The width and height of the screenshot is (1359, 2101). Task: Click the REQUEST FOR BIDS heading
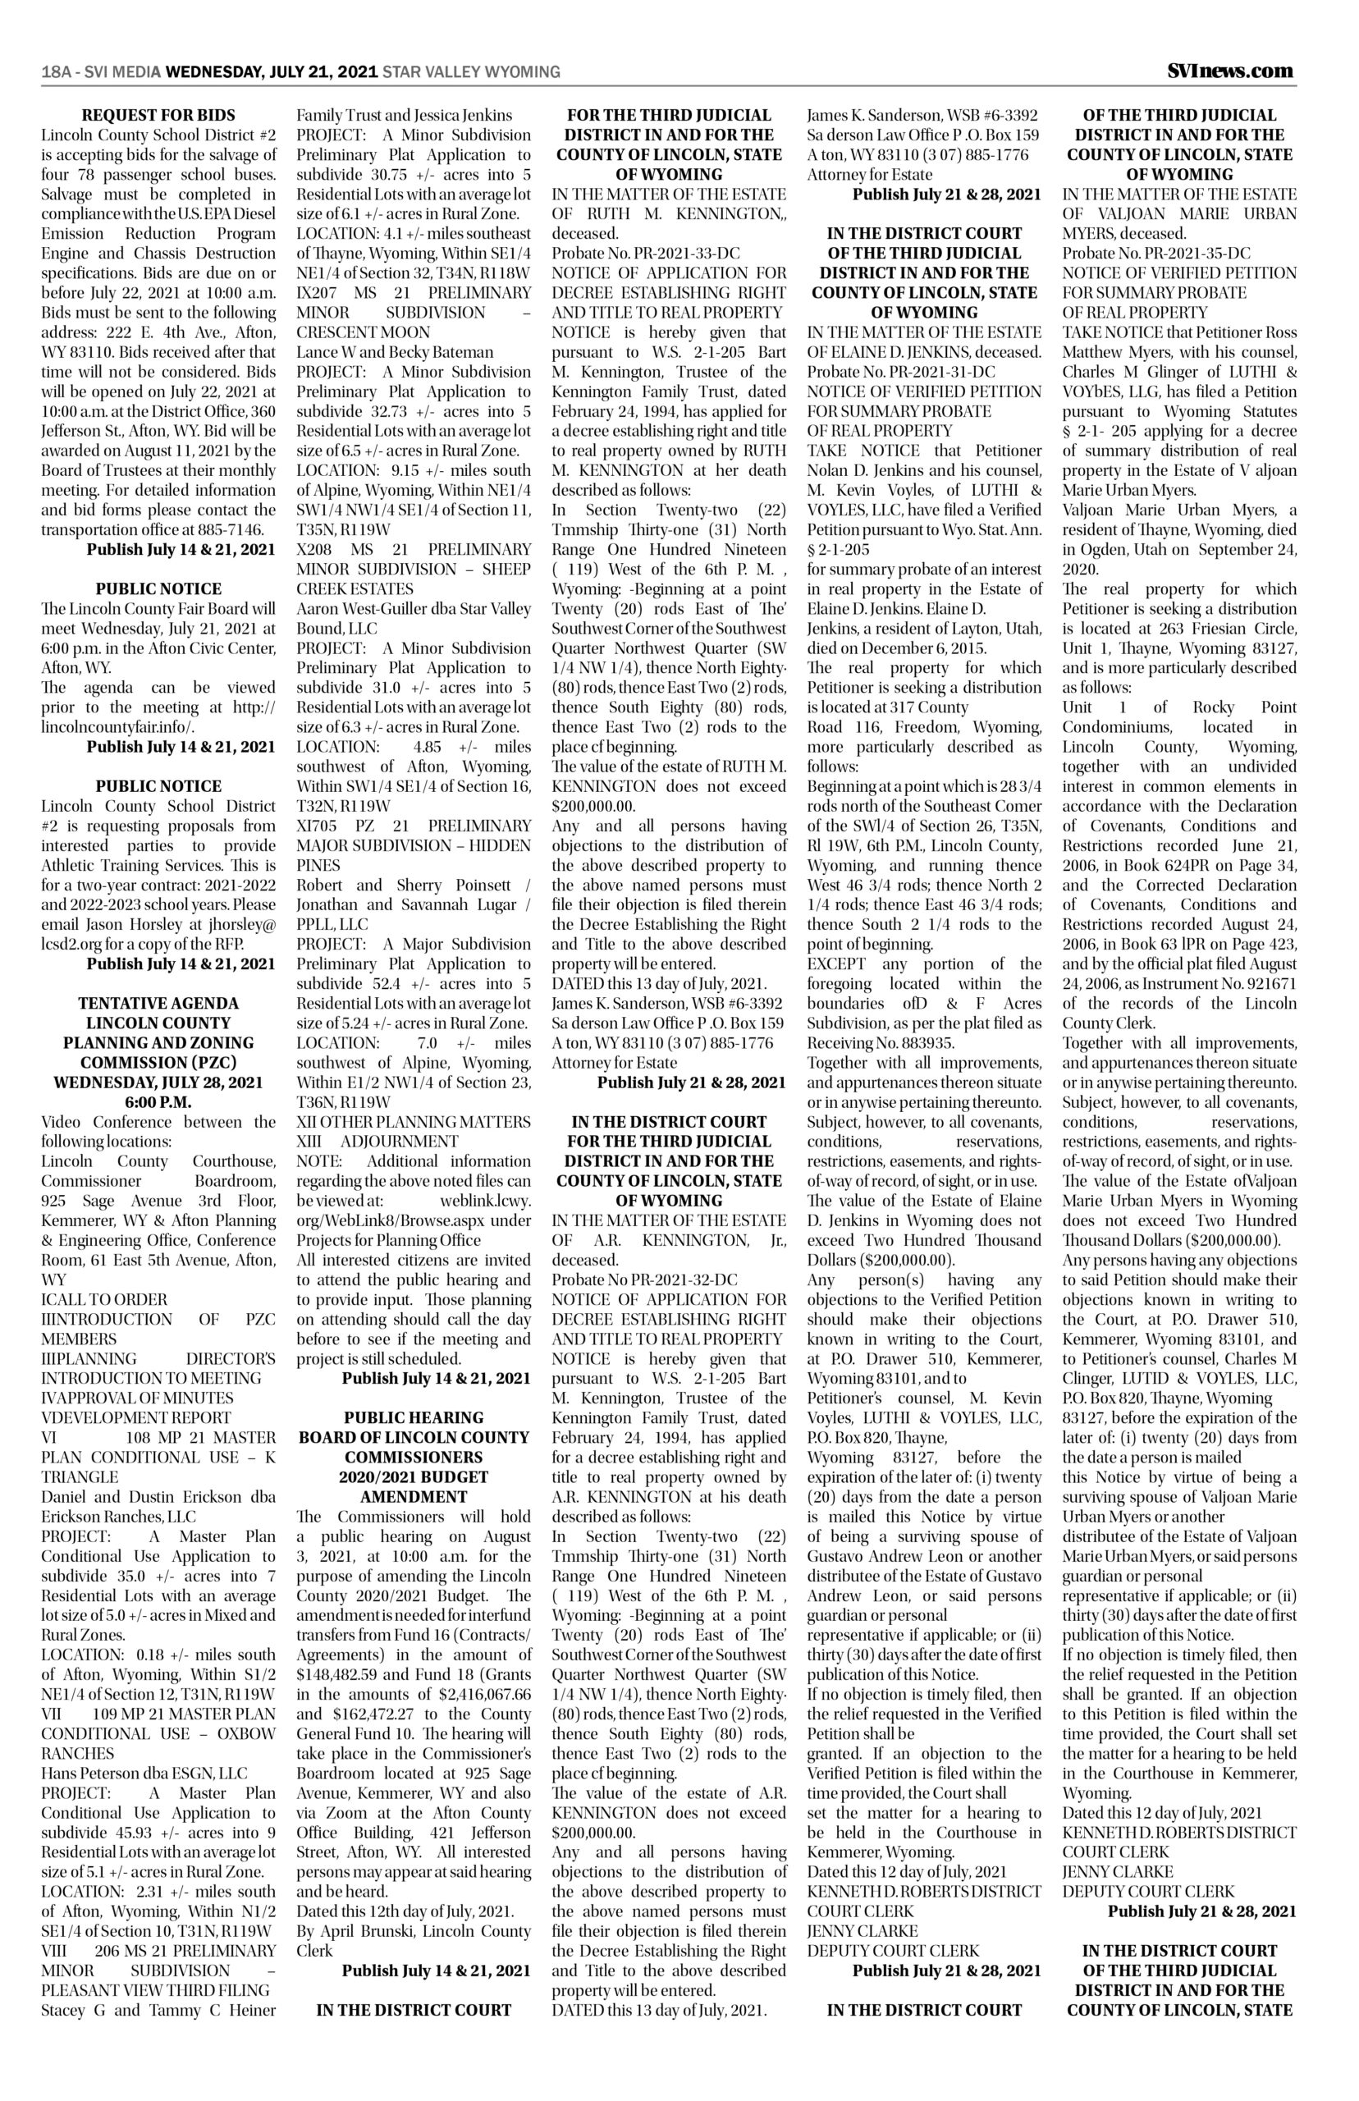pos(159,116)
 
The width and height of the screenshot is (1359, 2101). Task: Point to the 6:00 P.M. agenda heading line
pos(159,1102)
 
